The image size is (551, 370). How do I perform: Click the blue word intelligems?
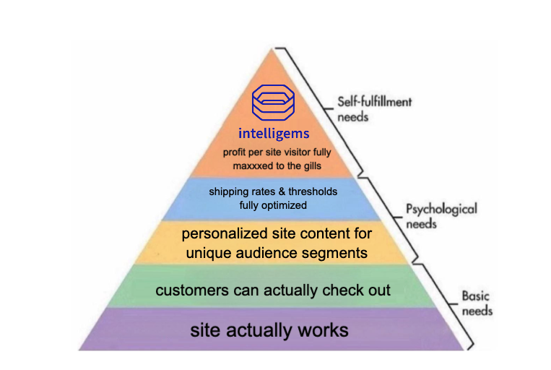click(274, 134)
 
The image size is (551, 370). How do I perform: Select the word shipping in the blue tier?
click(228, 192)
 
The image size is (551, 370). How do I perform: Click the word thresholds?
click(313, 192)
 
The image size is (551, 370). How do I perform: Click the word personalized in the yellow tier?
click(225, 234)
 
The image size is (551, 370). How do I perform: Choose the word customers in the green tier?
click(191, 291)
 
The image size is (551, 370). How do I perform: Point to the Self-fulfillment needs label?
click(374, 108)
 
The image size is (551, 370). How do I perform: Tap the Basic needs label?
click(477, 303)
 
